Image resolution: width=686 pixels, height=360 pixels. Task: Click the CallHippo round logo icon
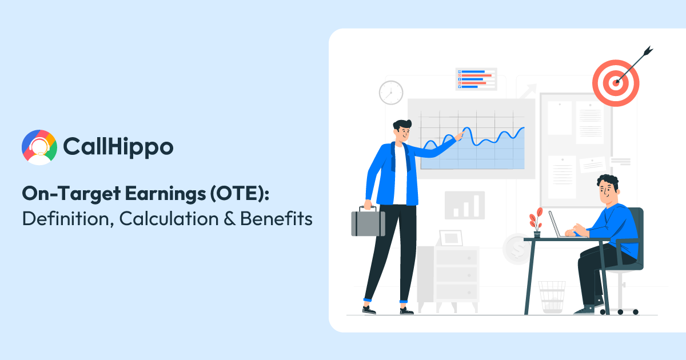(x=39, y=147)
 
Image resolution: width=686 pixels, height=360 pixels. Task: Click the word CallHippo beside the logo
(x=118, y=147)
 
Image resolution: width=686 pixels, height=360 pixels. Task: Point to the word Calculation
(x=164, y=218)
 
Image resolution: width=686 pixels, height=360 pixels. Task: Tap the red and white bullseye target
(x=615, y=83)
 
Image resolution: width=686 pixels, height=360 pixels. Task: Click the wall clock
(x=391, y=93)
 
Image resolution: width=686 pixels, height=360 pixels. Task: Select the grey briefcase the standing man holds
(x=368, y=222)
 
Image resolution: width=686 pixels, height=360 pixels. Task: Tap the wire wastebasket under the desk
(x=552, y=296)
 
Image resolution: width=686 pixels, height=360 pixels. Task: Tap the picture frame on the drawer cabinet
(x=450, y=238)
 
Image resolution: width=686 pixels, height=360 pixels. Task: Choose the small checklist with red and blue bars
(x=476, y=79)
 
